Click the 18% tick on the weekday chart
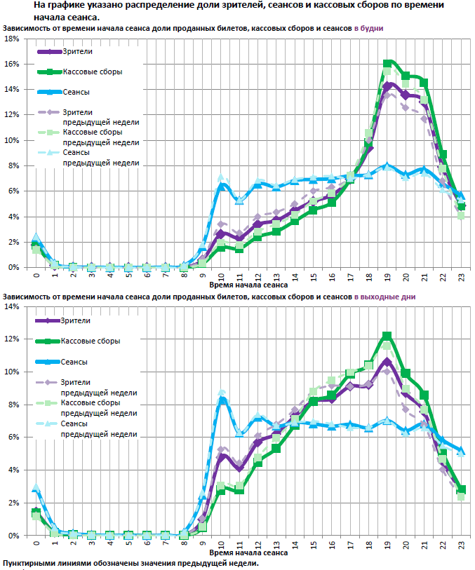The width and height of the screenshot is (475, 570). click(12, 39)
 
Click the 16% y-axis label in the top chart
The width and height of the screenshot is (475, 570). click(12, 64)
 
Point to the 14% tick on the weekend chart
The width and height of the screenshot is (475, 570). click(12, 306)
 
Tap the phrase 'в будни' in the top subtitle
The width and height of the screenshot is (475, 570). click(368, 28)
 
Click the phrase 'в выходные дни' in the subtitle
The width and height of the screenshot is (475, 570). click(384, 297)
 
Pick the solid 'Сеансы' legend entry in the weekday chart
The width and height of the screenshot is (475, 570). click(76, 92)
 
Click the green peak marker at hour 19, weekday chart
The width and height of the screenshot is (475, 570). click(387, 64)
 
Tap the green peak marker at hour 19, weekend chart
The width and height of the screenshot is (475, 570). click(387, 336)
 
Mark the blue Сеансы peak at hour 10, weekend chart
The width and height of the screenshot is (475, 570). click(222, 400)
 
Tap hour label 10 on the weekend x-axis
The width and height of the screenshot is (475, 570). click(222, 544)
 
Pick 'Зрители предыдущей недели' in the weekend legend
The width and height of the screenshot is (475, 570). click(98, 386)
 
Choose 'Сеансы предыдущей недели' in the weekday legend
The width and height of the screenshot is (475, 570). click(100, 157)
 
